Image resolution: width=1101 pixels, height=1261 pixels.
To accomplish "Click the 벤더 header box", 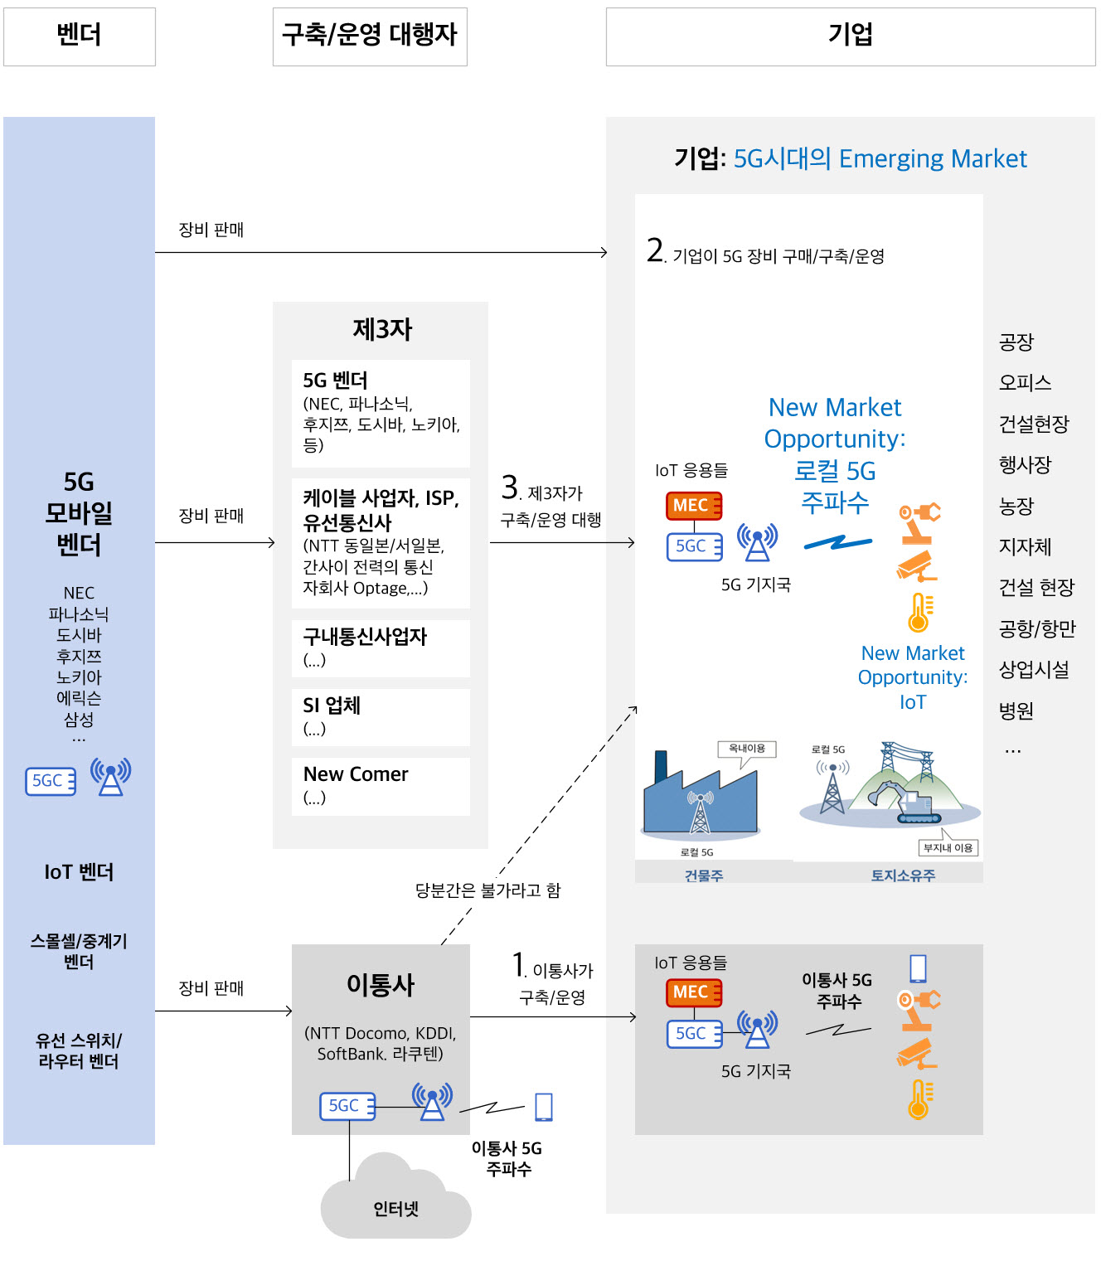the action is pyautogui.click(x=80, y=36).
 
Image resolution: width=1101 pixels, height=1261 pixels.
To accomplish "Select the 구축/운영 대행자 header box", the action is pyautogui.click(x=370, y=36).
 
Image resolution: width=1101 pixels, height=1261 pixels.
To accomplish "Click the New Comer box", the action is pyautogui.click(x=381, y=787).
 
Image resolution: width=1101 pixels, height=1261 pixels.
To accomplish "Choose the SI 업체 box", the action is pyautogui.click(x=381, y=717).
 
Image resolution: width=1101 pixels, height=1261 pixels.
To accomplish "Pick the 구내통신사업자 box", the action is pyautogui.click(x=381, y=648).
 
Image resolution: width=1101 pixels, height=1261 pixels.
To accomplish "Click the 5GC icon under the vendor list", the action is pyautogui.click(x=51, y=781).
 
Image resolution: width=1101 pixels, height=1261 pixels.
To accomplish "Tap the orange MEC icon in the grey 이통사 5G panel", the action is pyautogui.click(x=694, y=992).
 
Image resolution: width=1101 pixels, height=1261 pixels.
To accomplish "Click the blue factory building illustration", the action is pyautogui.click(x=701, y=795).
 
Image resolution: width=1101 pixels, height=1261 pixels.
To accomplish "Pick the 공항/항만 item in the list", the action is pyautogui.click(x=1037, y=628).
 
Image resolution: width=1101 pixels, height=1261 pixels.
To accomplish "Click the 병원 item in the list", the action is pyautogui.click(x=1016, y=711).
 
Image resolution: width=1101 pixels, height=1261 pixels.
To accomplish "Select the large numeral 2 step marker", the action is pyautogui.click(x=655, y=250).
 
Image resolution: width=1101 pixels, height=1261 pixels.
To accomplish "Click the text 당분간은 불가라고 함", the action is pyautogui.click(x=488, y=890).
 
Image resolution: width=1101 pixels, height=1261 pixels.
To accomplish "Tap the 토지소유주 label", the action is pyautogui.click(x=903, y=875).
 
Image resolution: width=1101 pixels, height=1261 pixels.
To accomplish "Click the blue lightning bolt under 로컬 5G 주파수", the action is pyautogui.click(x=838, y=543).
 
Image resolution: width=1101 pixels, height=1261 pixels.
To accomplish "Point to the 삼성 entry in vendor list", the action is pyautogui.click(x=79, y=720).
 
